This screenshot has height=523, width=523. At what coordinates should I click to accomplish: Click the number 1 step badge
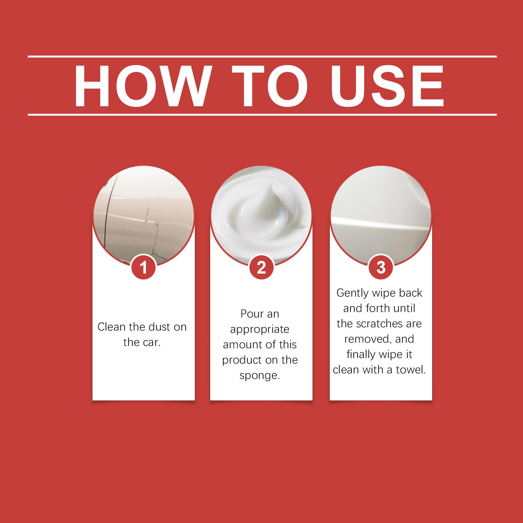point(143,268)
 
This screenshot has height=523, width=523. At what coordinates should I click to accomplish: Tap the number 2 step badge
point(261,268)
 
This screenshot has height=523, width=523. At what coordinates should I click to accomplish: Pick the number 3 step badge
point(381,268)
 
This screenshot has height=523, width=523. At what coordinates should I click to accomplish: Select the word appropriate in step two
point(260,329)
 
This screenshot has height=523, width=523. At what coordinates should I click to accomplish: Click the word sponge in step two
point(260,376)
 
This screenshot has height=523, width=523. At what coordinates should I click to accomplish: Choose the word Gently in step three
point(352,293)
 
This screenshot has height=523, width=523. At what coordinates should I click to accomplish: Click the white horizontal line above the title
point(262,57)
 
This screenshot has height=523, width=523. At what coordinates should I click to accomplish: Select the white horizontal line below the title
point(262,115)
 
